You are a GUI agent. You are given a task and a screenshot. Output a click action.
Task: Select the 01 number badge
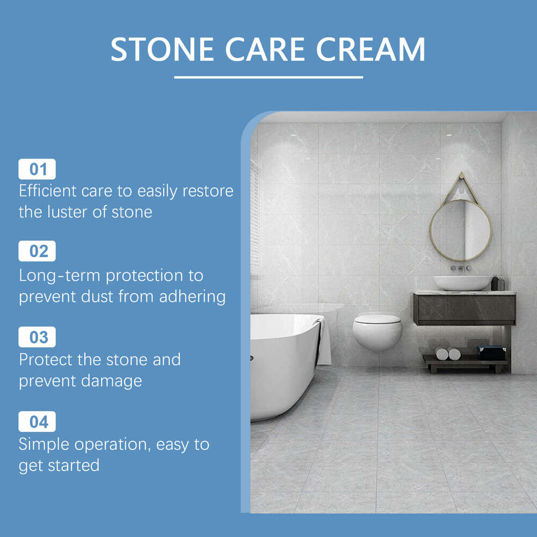pyautogui.click(x=37, y=170)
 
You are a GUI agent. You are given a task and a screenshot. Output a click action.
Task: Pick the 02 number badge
pyautogui.click(x=37, y=251)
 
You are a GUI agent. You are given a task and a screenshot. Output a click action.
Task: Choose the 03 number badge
pyautogui.click(x=37, y=337)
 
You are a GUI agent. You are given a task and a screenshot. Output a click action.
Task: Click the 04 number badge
pyautogui.click(x=37, y=422)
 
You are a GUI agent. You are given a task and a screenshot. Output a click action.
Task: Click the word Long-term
pyautogui.click(x=60, y=275)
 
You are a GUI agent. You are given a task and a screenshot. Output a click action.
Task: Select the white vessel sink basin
pyautogui.click(x=462, y=282)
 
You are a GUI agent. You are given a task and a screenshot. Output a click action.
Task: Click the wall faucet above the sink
pyautogui.click(x=461, y=267)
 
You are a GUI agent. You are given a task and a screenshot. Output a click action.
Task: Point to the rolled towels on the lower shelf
pyautogui.click(x=448, y=354)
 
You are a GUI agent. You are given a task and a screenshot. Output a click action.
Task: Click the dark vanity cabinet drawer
pyautogui.click(x=464, y=309)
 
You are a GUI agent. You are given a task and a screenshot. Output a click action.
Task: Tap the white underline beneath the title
pyautogui.click(x=268, y=77)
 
